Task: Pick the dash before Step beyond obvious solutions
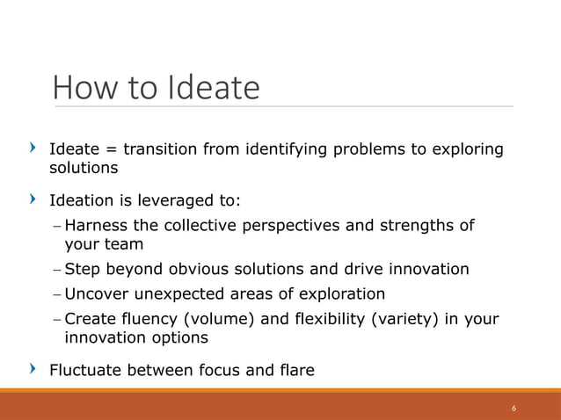point(56,269)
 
